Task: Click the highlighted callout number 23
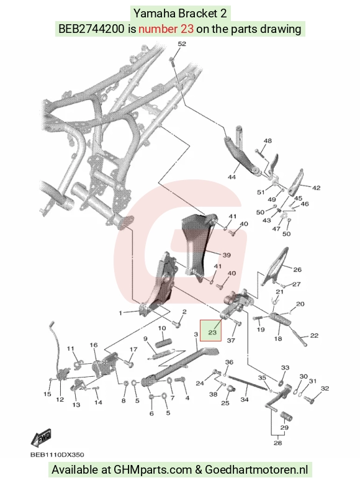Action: point(212,332)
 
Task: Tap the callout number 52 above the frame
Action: point(182,43)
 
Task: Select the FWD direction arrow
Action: point(41,438)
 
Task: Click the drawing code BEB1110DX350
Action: point(57,454)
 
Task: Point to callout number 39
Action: point(227,255)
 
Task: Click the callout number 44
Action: point(232,177)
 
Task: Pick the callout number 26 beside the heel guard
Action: point(297,269)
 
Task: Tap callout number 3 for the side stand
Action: point(196,334)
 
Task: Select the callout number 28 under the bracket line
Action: point(278,443)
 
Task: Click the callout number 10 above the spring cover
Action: point(162,328)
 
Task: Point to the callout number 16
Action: point(94,345)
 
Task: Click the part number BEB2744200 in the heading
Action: point(91,29)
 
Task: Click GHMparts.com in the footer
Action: point(153,470)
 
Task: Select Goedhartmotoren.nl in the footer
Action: point(256,470)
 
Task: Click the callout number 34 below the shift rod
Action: point(245,400)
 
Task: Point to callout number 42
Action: point(317,187)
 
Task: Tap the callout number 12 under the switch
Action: point(60,400)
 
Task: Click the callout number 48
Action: point(268,141)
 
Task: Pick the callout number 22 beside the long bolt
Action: point(314,335)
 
